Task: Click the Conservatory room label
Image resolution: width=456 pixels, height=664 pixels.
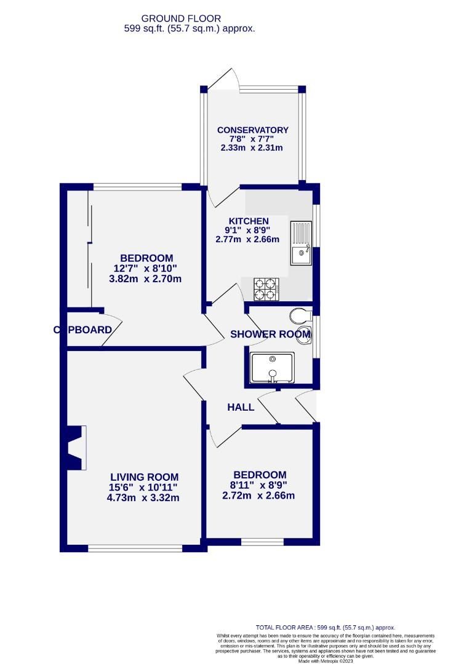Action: [x=252, y=130]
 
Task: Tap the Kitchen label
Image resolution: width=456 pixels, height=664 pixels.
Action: [x=249, y=221]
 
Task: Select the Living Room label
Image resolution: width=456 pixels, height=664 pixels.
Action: [x=144, y=476]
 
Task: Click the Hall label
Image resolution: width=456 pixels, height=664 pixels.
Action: [x=241, y=407]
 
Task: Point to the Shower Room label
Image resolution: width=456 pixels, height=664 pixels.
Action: [x=270, y=334]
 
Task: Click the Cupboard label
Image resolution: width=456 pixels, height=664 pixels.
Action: [x=82, y=330]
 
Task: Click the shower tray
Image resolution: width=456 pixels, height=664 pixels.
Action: [x=272, y=368]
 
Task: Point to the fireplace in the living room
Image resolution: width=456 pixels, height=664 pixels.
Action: [x=75, y=448]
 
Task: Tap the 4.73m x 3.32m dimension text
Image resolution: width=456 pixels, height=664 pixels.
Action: [x=143, y=497]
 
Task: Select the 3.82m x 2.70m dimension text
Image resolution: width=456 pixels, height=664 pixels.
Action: [x=145, y=279]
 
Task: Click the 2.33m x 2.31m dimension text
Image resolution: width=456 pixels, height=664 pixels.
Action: [x=252, y=148]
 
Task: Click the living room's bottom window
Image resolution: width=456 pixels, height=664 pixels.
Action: [x=134, y=548]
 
